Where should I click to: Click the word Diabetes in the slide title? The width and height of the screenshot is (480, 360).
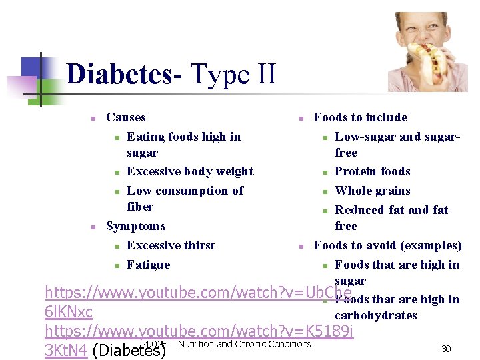click(x=119, y=74)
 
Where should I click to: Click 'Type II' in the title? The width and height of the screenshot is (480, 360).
click(x=233, y=74)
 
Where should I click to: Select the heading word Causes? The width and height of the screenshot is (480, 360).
click(x=125, y=117)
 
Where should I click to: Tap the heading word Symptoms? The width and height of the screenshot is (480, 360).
click(x=135, y=226)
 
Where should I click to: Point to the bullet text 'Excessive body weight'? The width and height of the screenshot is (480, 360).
click(x=190, y=171)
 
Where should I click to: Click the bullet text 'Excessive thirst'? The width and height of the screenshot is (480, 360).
click(x=171, y=245)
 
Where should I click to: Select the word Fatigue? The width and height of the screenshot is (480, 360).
click(x=148, y=265)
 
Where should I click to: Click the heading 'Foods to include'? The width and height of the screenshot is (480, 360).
click(x=360, y=117)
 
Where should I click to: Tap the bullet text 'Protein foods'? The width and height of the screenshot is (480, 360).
click(x=372, y=171)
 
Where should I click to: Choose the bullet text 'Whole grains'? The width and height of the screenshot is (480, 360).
click(x=372, y=191)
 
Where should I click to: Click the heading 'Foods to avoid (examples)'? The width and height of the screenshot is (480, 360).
click(x=387, y=245)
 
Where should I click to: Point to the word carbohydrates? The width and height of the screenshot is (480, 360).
click(x=375, y=315)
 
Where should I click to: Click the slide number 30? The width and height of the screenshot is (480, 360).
click(x=446, y=348)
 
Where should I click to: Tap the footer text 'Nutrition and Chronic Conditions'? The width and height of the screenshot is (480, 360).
click(x=245, y=344)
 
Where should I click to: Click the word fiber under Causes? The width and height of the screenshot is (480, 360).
click(x=140, y=207)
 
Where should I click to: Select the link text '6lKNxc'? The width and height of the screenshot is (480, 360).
click(x=68, y=311)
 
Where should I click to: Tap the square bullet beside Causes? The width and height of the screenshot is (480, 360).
click(x=94, y=118)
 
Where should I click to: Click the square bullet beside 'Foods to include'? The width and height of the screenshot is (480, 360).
click(x=301, y=118)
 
